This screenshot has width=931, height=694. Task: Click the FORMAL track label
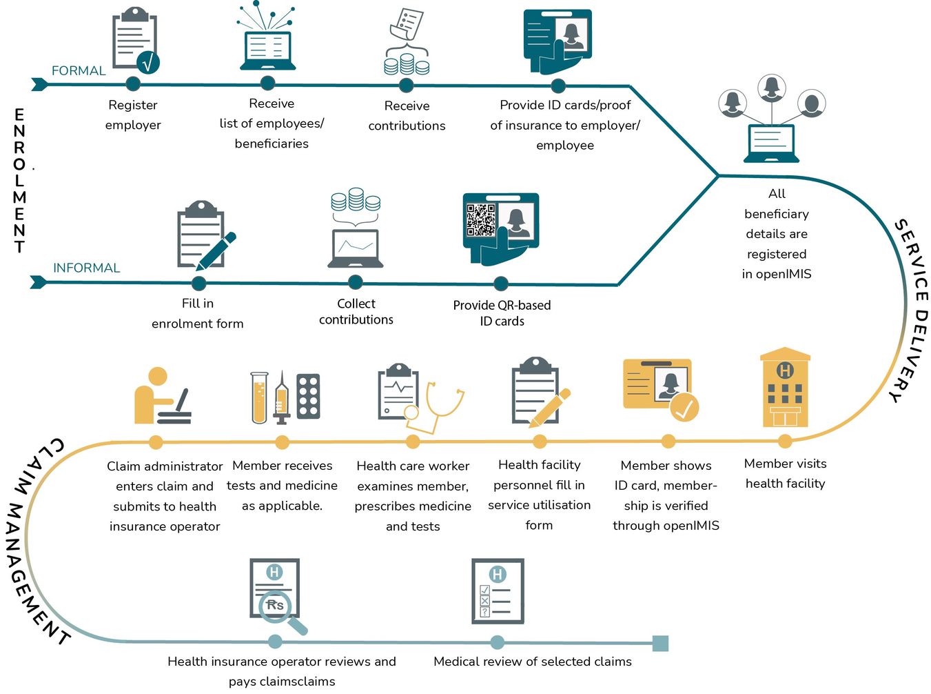coord(79,70)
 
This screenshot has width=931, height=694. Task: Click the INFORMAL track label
coord(86,268)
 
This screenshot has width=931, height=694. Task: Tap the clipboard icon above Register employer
coord(134,41)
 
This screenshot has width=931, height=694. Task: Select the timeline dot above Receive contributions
coord(407,86)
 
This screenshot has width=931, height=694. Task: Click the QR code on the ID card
coord(481,220)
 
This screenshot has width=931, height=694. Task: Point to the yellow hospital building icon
coord(785,388)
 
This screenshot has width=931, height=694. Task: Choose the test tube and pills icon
coord(285,398)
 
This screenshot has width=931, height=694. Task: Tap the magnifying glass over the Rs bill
coord(280,609)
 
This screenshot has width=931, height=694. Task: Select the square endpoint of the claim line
coord(659,643)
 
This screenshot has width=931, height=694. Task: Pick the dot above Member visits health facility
coord(785,441)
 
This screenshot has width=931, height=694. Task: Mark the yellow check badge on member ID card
coord(684,407)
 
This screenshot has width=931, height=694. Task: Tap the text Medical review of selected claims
coord(532,662)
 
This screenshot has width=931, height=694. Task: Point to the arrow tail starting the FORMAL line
coord(39,84)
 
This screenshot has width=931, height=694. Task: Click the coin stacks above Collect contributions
coord(356,199)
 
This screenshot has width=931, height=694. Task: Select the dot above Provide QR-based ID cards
coord(501,284)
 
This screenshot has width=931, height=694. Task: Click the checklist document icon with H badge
coord(498,591)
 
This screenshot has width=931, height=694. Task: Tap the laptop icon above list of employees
coord(267,50)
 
